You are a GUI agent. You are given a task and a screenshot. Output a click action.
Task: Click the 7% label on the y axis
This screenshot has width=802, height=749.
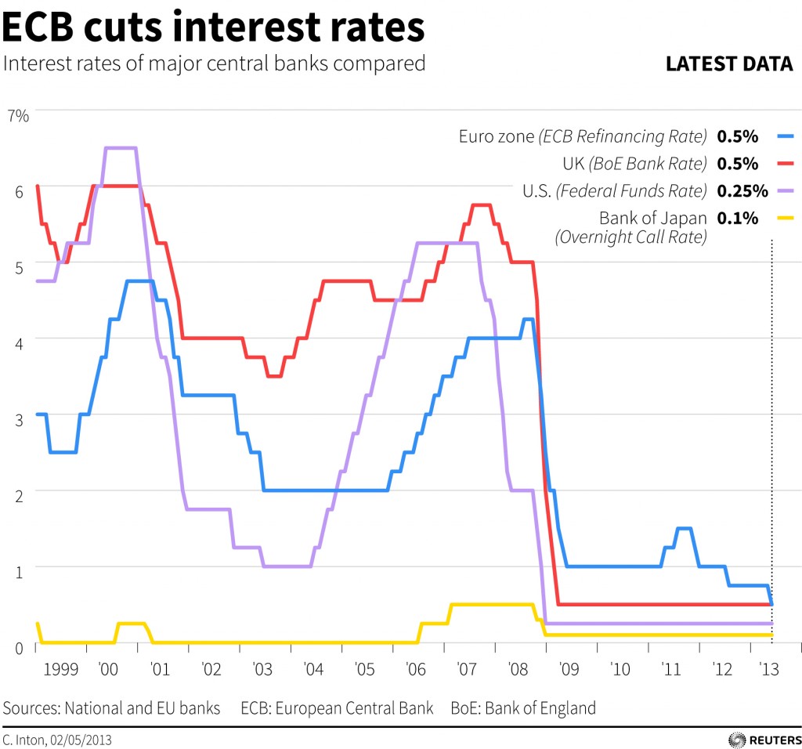[17, 116]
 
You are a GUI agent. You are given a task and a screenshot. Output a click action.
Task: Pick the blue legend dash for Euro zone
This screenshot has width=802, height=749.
[785, 136]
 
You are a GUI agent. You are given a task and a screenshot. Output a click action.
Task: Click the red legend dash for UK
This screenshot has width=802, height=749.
[785, 164]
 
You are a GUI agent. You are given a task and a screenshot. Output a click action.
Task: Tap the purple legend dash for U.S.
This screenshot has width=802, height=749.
[785, 190]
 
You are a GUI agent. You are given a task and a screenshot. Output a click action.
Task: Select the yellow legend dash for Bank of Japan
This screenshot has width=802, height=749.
[785, 218]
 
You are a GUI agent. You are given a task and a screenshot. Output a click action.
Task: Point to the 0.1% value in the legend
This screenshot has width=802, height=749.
[737, 218]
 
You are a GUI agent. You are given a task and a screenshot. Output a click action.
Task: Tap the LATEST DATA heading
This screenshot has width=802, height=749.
[729, 64]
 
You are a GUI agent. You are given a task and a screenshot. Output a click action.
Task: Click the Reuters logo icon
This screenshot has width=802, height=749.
[736, 739]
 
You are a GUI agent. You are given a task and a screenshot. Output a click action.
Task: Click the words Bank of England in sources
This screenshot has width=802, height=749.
[540, 708]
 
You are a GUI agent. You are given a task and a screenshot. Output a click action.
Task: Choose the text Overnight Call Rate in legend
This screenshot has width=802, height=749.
[630, 237]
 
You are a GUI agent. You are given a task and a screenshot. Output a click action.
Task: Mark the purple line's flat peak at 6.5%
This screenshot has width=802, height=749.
[121, 148]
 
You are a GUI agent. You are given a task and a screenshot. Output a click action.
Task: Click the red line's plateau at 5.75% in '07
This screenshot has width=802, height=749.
[482, 205]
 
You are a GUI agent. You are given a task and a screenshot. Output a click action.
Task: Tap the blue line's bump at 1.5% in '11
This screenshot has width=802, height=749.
[684, 529]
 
